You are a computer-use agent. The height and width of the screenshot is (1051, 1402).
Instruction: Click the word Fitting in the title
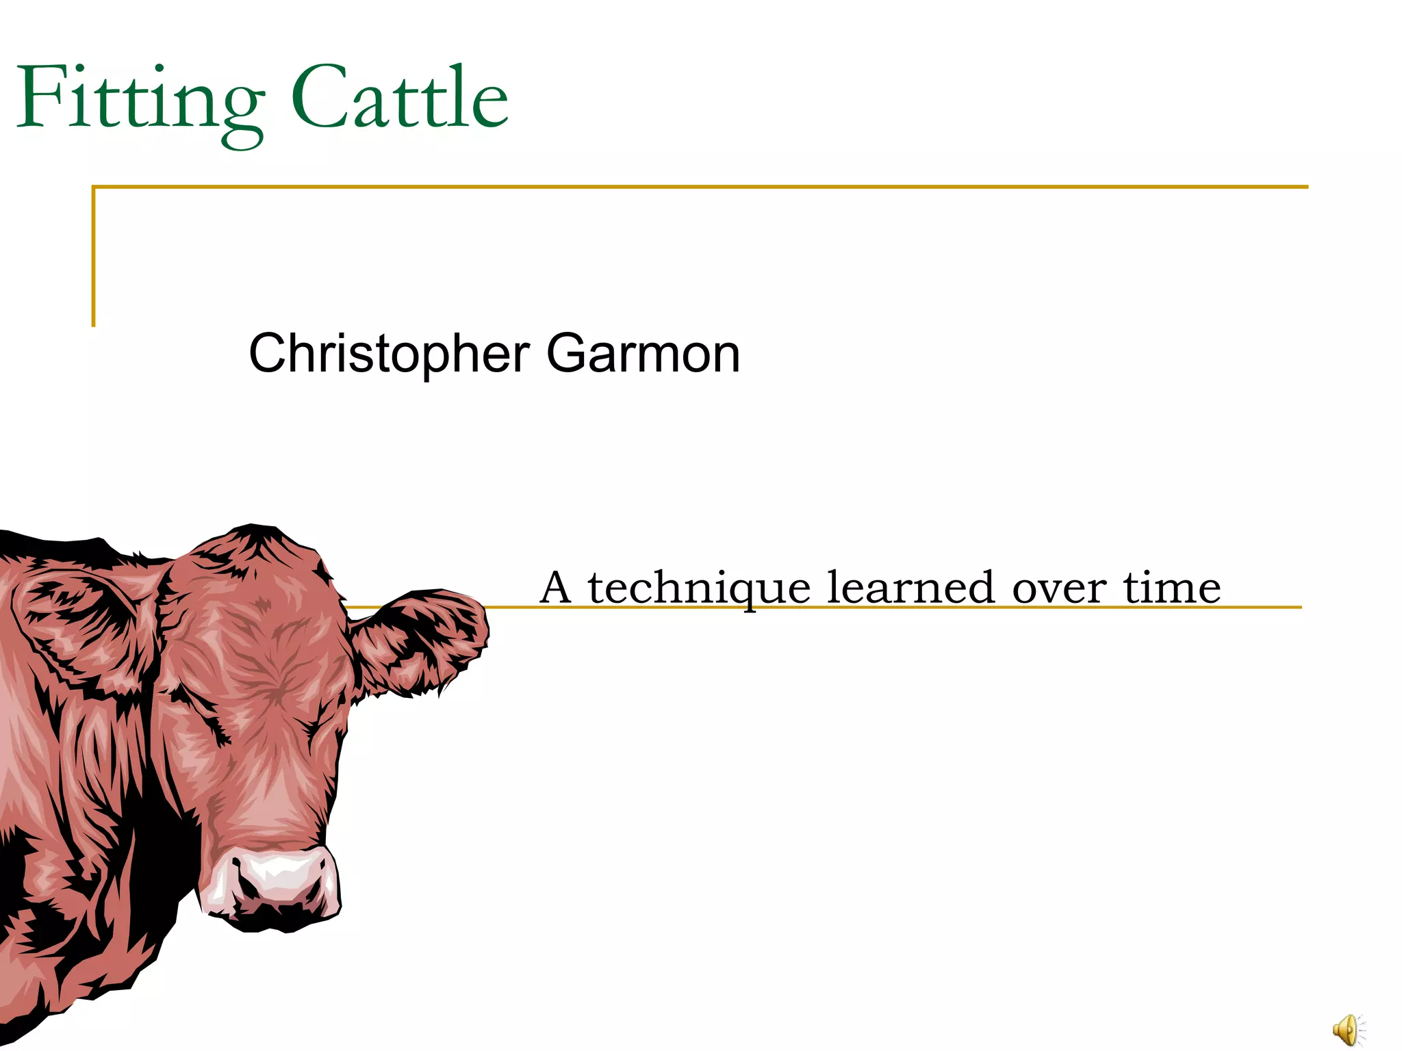pos(140,99)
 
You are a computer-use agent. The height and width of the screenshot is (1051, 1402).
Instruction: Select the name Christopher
pos(389,354)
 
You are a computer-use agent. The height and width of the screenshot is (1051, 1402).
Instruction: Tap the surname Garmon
pos(643,354)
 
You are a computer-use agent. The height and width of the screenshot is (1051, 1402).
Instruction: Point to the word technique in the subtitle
pos(699,588)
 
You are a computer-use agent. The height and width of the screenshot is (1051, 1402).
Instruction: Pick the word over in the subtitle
pos(1058,588)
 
